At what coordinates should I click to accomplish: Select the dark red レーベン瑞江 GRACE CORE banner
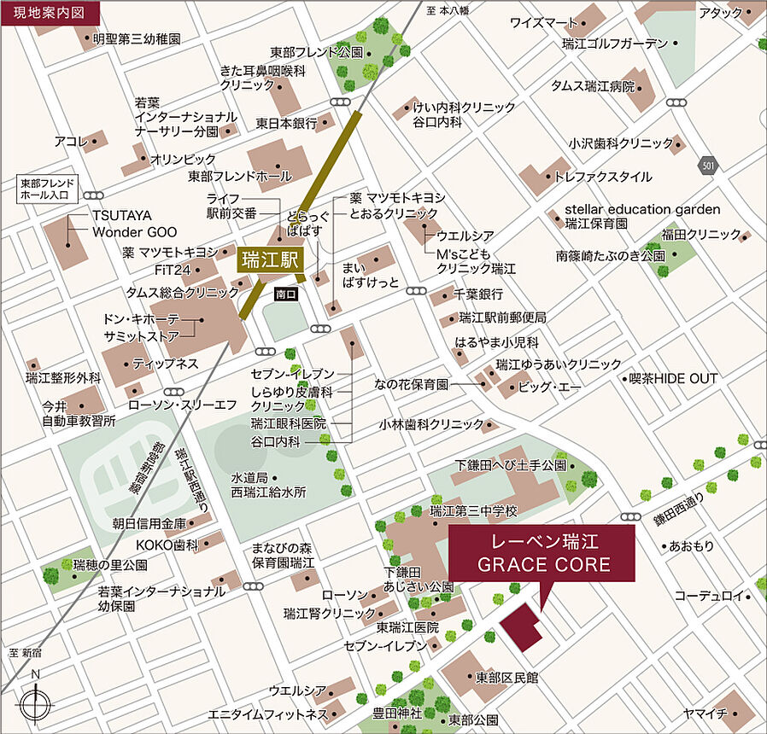pos(542,554)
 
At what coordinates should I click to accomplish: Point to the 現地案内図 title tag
pos(50,13)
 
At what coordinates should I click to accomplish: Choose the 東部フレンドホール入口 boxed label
pos(48,189)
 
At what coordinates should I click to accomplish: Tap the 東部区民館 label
pos(507,678)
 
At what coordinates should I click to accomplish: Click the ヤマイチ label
pos(705,713)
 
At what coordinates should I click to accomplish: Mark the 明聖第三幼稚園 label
pos(136,38)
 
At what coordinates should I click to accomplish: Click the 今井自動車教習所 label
pos(79,413)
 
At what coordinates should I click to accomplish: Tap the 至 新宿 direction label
pos(26,653)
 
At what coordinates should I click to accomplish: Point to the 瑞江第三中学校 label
pos(474,511)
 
